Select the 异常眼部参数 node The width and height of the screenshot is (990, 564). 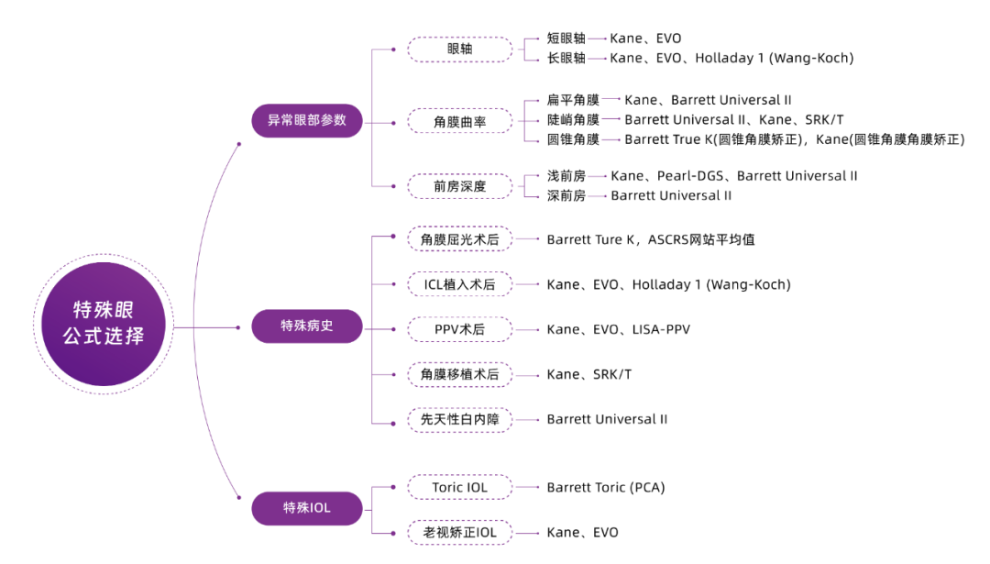(x=307, y=120)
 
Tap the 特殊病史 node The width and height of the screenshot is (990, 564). (x=307, y=326)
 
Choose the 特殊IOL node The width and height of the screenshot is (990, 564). (x=307, y=508)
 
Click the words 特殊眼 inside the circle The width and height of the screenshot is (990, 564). (x=104, y=310)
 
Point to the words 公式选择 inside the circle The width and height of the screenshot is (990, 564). (x=104, y=337)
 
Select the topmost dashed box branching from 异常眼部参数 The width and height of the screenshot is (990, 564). (x=459, y=50)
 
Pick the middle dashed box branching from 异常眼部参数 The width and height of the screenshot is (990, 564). (x=459, y=121)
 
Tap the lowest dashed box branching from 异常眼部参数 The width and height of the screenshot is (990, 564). (x=459, y=185)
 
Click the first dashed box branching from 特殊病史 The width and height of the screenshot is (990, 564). (x=459, y=238)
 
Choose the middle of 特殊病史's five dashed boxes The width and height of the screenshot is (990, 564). (x=459, y=330)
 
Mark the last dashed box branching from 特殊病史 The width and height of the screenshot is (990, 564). (x=459, y=421)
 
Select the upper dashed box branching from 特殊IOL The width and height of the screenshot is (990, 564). (x=459, y=487)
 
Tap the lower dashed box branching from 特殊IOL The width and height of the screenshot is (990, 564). (x=459, y=533)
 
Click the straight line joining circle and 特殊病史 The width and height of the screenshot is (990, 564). (x=206, y=327)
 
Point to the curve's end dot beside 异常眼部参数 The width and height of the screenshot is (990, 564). (x=239, y=144)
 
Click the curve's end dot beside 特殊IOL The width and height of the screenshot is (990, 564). (x=239, y=498)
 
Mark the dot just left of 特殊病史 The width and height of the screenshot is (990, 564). (x=239, y=327)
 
